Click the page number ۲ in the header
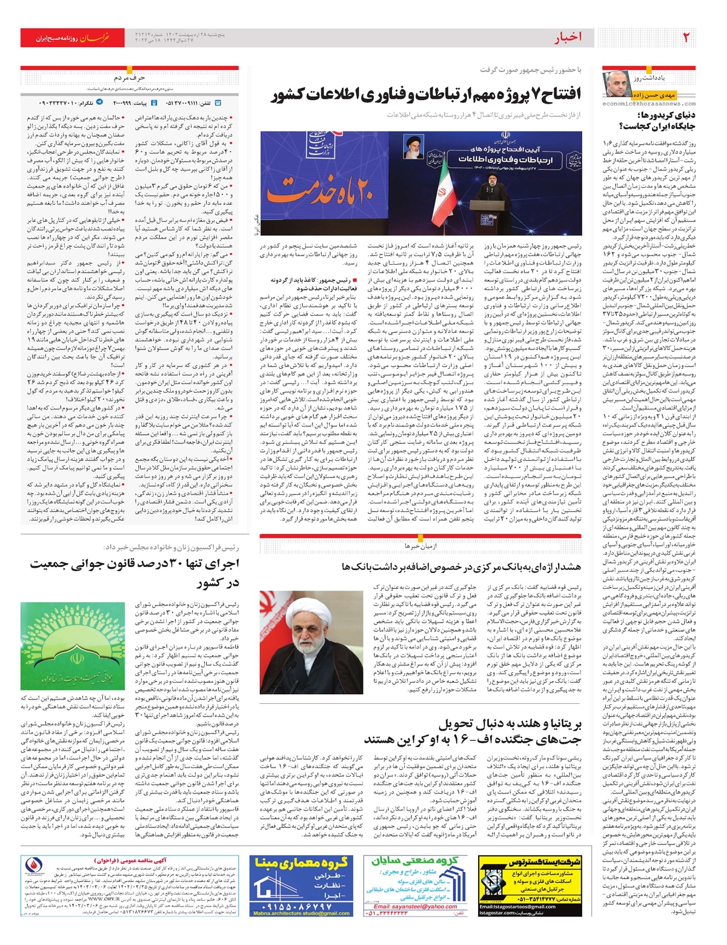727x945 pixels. [686, 38]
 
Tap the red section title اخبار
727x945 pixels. [568, 38]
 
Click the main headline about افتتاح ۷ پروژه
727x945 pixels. [426, 94]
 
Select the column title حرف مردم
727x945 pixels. [130, 78]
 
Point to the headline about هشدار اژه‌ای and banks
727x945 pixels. [461, 566]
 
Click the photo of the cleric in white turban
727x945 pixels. [311, 642]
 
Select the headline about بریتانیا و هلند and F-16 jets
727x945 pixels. [473, 732]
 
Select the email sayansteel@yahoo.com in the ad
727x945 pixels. [415, 906]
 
